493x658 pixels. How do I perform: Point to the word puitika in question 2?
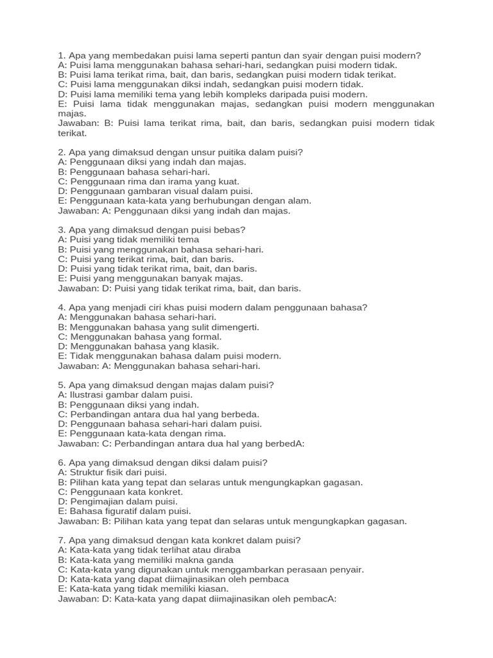point(215,152)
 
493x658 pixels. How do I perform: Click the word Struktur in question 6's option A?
point(88,472)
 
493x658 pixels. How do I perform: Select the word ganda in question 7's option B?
point(219,560)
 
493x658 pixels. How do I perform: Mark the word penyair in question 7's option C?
point(346,569)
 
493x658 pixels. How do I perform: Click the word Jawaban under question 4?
point(77,366)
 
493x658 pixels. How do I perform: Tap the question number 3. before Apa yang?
point(62,230)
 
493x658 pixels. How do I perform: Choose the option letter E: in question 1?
point(62,104)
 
